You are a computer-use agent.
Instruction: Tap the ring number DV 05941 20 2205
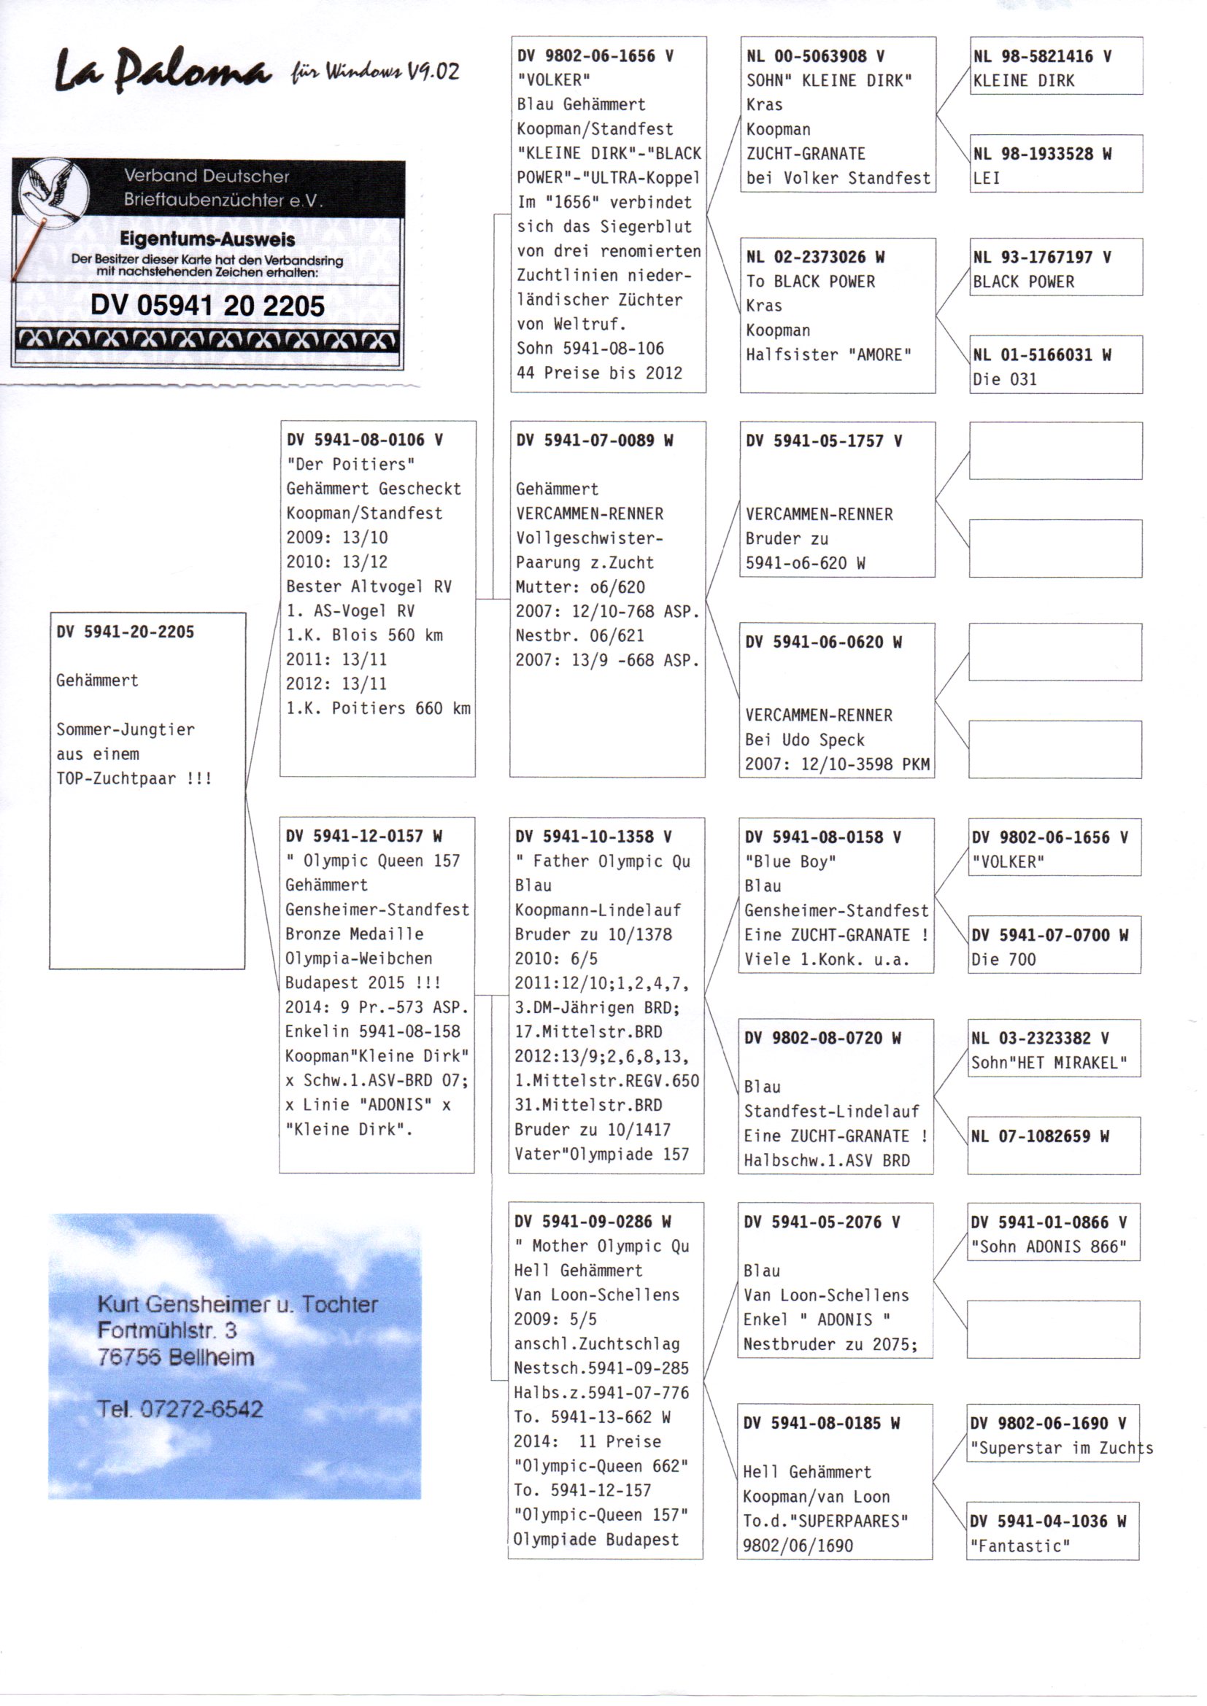coord(207,306)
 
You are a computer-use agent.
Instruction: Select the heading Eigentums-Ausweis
coord(207,239)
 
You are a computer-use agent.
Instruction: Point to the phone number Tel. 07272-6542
coord(180,1409)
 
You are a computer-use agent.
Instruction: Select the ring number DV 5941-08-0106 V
coord(364,440)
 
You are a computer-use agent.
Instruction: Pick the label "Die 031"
coord(1004,379)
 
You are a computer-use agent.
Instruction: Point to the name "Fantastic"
coord(1019,1546)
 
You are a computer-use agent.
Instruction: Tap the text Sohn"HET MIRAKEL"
coord(1049,1063)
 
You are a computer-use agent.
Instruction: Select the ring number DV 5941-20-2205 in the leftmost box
coord(125,632)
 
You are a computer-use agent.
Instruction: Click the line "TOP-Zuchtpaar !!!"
coord(134,779)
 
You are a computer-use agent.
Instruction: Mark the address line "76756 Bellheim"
coord(175,1357)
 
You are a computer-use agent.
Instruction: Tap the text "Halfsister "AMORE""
coord(828,354)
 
